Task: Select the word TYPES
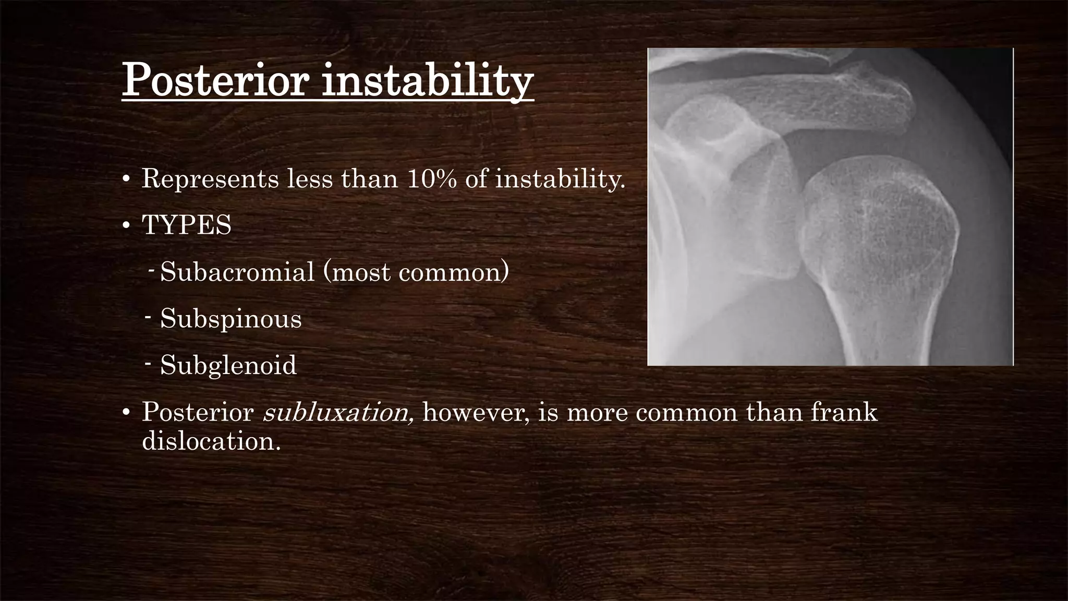tap(187, 225)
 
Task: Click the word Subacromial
tap(237, 272)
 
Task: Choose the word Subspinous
tap(230, 318)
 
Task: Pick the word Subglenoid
tap(228, 365)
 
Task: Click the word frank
tap(844, 412)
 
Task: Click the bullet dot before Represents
tap(126, 180)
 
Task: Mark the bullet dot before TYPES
tap(126, 226)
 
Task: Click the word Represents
tap(211, 179)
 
